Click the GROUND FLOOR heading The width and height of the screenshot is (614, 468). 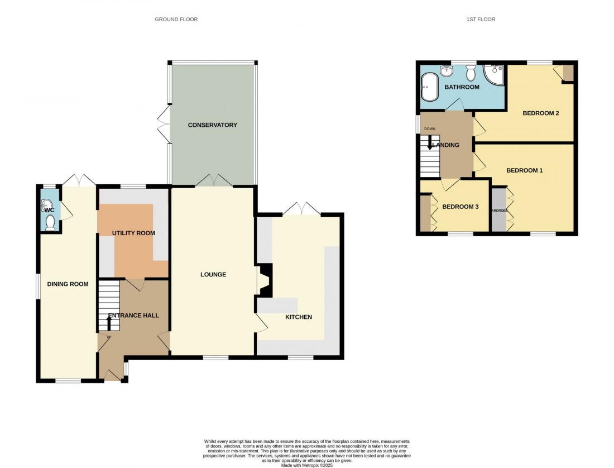pos(176,20)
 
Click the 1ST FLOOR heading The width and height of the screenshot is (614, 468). pos(481,20)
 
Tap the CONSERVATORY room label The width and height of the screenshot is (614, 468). pos(212,125)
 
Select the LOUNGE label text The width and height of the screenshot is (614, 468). pos(213,275)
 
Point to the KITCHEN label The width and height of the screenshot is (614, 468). pos(298,317)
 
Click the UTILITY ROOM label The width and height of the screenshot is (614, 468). pos(133,233)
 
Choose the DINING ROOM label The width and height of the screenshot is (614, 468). pos(68,284)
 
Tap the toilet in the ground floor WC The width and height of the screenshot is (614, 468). pos(50,223)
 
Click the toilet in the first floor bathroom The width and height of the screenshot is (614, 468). pos(470,73)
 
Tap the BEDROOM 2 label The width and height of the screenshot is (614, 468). pos(540,113)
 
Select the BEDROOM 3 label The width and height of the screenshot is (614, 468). pos(460,207)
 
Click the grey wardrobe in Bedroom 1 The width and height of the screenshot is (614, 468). pos(498,211)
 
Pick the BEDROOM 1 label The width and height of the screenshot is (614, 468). pos(524,170)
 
